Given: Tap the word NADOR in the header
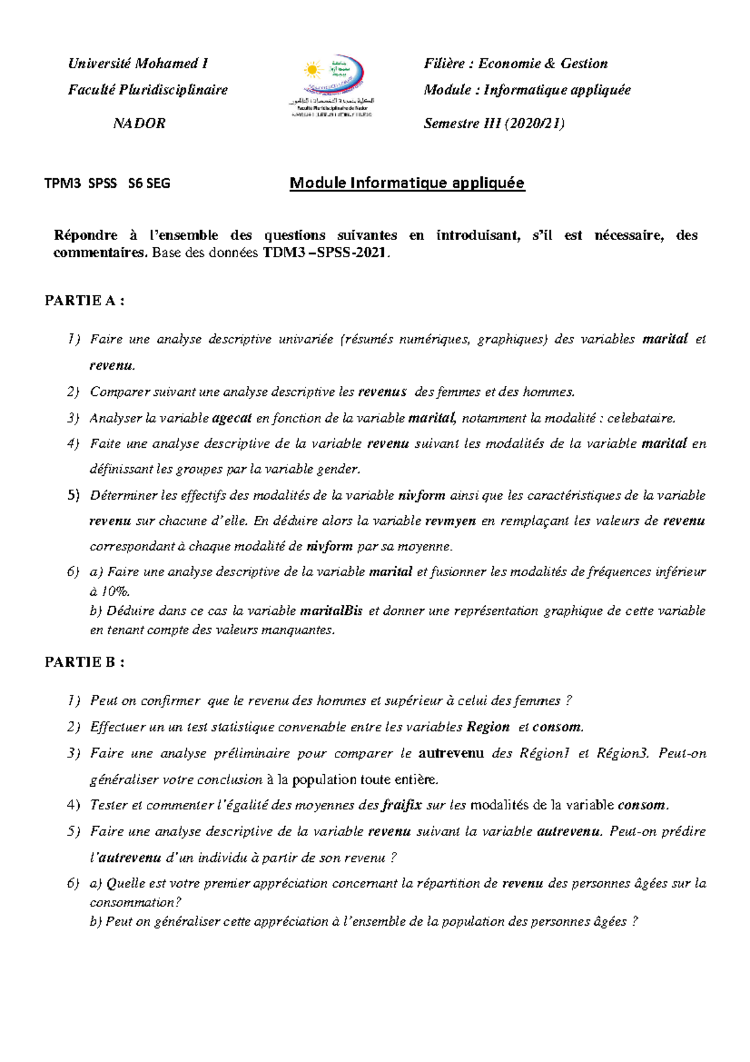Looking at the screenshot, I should [x=139, y=123].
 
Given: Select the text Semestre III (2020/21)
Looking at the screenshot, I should [x=494, y=123].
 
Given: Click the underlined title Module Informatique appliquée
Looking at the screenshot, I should [x=407, y=183].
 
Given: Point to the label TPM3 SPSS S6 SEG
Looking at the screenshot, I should [x=107, y=183].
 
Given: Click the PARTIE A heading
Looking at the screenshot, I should [x=84, y=301].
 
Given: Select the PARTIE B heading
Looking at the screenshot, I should [x=84, y=662].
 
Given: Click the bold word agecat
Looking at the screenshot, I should [x=231, y=418].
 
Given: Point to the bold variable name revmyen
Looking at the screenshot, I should [x=450, y=521].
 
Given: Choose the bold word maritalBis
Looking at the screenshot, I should [x=331, y=611].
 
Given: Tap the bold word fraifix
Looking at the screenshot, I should [x=402, y=806].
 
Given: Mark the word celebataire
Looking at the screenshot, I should [x=641, y=418].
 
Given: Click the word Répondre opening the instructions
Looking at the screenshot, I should [x=85, y=236].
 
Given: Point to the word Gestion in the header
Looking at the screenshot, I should [x=584, y=64].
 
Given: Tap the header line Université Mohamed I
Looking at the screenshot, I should [x=137, y=64].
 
